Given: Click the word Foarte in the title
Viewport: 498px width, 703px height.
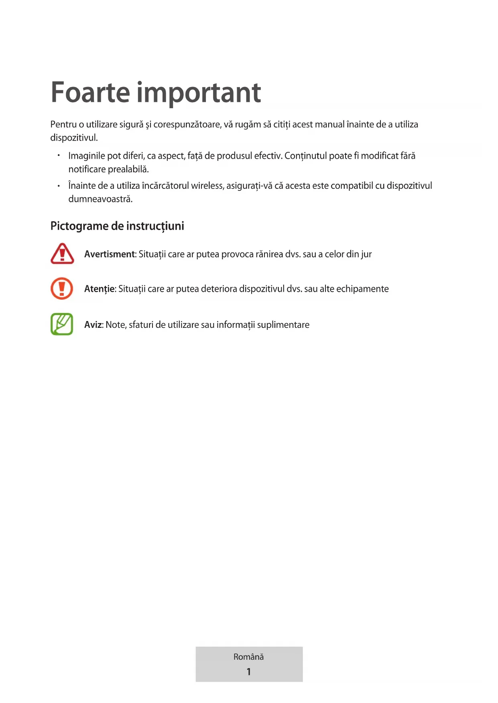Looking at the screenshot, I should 90,93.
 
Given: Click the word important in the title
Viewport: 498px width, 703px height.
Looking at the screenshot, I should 199,93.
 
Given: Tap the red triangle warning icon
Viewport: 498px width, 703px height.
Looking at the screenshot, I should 62,254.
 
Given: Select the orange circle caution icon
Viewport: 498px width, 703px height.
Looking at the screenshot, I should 62,289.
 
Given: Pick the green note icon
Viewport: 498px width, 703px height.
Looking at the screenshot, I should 62,324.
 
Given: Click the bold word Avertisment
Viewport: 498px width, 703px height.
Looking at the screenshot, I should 110,254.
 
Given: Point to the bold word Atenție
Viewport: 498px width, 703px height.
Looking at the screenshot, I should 100,289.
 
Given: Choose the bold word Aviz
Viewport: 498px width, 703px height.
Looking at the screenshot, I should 94,325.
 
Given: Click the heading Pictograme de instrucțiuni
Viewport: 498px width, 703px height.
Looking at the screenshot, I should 117,226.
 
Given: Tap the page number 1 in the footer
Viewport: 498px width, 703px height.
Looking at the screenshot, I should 249,672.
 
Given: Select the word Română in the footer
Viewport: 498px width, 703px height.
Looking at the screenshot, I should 249,657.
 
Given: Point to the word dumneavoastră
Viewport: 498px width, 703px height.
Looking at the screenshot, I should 100,199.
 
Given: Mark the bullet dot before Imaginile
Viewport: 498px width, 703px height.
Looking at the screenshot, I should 59,155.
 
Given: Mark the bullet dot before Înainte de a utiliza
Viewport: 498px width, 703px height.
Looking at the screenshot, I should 59,186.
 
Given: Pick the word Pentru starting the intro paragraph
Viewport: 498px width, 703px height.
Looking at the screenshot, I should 63,125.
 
